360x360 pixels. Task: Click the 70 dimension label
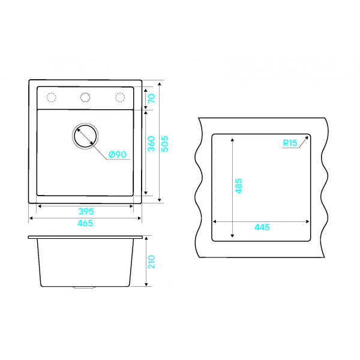click(152, 98)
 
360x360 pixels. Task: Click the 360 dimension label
click(151, 144)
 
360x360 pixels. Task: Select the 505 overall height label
click(165, 144)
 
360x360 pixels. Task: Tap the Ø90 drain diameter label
click(118, 155)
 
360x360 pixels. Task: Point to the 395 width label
click(86, 211)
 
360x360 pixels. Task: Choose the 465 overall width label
click(85, 223)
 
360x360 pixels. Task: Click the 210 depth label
click(152, 262)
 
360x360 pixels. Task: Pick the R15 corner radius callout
click(290, 143)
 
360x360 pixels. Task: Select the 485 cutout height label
click(239, 186)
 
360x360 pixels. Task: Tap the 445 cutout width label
click(262, 227)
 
